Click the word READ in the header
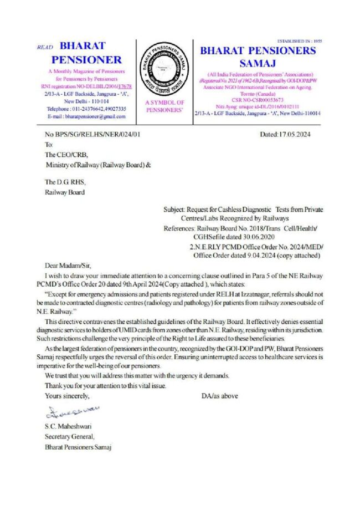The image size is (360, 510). (45, 48)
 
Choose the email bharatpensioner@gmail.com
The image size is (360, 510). (86, 117)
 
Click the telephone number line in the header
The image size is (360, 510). (86, 109)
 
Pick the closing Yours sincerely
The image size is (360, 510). (66, 396)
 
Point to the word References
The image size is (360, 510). (181, 228)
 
